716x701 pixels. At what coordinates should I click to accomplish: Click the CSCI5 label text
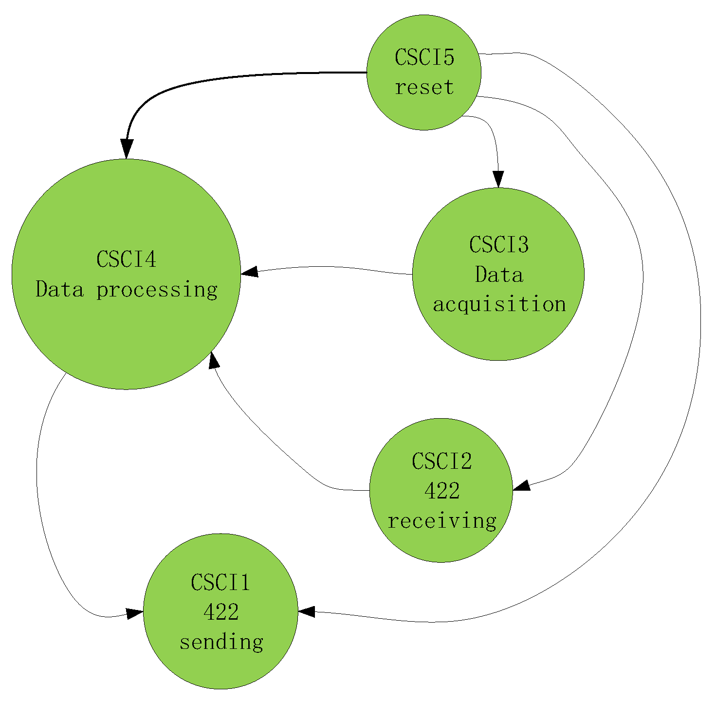point(424,57)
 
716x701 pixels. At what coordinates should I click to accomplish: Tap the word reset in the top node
point(424,88)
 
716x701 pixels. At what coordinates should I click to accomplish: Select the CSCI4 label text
point(126,259)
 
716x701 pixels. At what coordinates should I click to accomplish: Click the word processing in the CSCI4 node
point(157,290)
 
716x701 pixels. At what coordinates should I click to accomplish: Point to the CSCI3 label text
point(498,244)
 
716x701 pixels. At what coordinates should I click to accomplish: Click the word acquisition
point(499,305)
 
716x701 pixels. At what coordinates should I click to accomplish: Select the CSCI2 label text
point(441,461)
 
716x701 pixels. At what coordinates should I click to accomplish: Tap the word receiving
point(441,521)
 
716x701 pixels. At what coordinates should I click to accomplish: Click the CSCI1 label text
point(220,582)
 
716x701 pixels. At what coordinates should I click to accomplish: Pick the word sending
point(221,642)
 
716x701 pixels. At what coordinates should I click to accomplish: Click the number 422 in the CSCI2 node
point(441,491)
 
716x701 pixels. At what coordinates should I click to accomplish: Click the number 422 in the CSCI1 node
point(221,612)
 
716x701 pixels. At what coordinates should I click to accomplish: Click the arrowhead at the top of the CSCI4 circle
point(127,148)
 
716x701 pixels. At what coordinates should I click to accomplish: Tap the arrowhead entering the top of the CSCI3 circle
point(498,179)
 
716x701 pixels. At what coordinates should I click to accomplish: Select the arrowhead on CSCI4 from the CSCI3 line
point(250,272)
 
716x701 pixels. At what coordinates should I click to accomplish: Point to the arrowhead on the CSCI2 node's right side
point(521,485)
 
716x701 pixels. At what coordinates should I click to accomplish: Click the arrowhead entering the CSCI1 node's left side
point(134,613)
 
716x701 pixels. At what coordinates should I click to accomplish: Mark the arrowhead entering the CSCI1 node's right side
point(307,611)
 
